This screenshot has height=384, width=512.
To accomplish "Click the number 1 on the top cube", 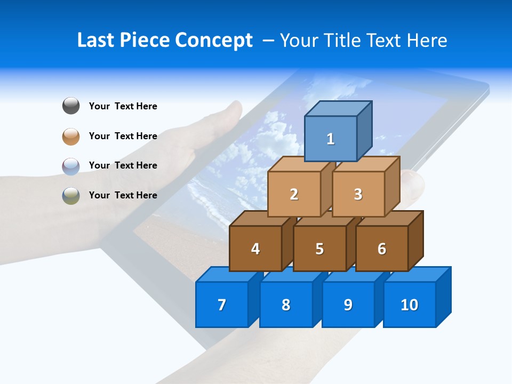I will click(331, 139).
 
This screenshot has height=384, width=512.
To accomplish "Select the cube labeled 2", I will click(294, 194).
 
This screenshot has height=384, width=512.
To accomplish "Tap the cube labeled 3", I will click(358, 194).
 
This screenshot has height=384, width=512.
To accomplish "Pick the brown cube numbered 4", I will click(255, 249).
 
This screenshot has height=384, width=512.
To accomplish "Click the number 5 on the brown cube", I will click(319, 249).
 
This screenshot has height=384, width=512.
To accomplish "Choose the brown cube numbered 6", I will click(382, 249).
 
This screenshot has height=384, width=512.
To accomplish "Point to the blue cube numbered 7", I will click(222, 305).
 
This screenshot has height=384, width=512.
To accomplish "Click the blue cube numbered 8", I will click(286, 305).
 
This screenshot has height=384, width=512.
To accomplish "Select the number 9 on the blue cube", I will click(348, 305).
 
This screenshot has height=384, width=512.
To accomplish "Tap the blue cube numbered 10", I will click(410, 305).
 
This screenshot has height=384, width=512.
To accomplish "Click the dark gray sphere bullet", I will click(71, 106).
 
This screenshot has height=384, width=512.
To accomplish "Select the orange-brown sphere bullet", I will click(71, 136).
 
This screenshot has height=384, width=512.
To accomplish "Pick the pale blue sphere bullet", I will click(71, 166).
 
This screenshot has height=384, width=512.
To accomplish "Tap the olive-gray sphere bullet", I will click(71, 195).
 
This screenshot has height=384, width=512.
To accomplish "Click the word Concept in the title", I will click(213, 41).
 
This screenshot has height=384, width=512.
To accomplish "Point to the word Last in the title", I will click(97, 41).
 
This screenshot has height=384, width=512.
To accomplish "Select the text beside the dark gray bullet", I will click(123, 106).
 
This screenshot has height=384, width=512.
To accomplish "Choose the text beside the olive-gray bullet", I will click(123, 195).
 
